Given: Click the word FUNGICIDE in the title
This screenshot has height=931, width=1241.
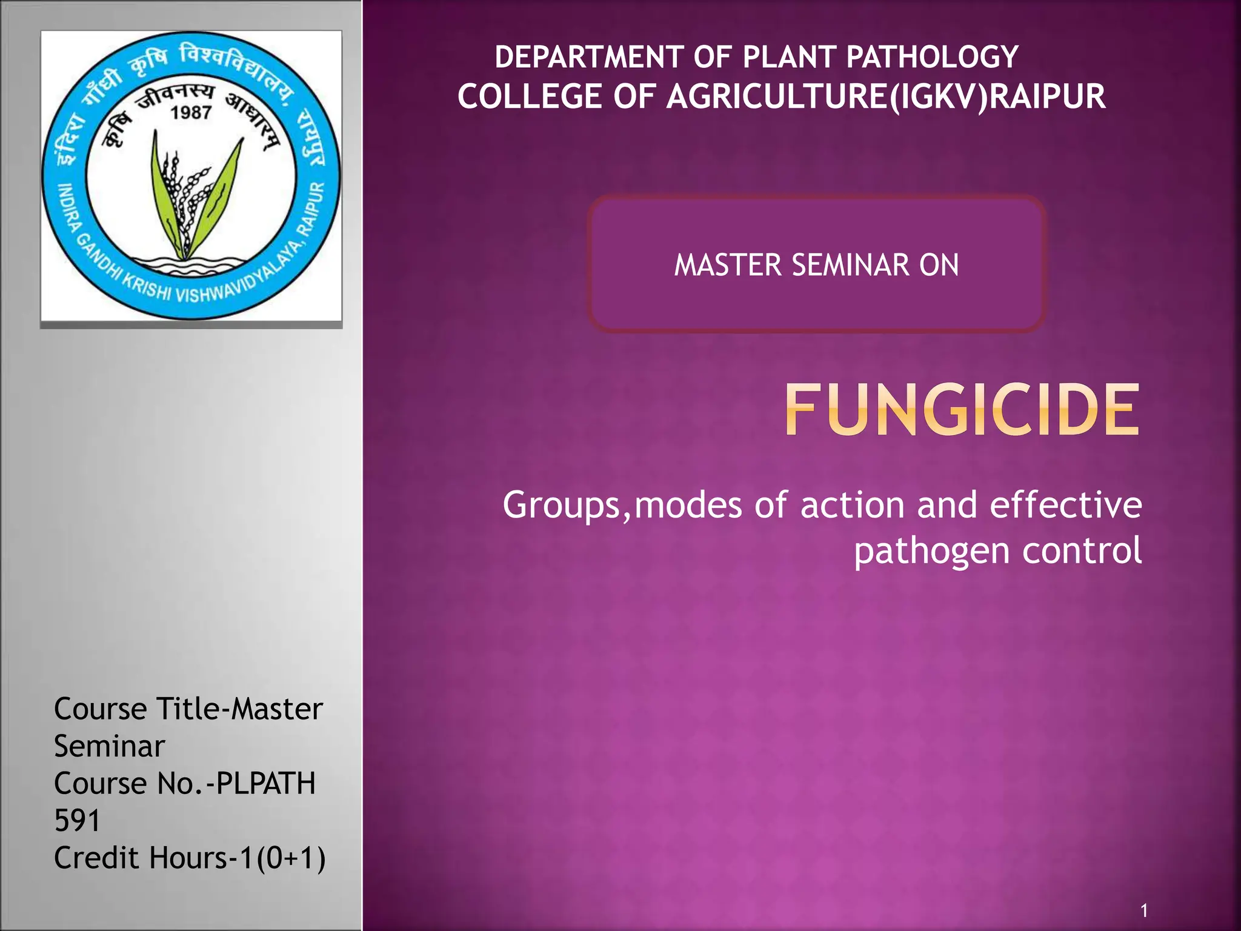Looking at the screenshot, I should coord(962,410).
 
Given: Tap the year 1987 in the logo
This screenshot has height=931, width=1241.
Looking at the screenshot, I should coord(191,113).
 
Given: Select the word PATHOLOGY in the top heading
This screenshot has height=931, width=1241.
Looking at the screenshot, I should coord(932,58).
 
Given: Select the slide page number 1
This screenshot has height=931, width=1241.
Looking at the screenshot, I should coord(1143,910).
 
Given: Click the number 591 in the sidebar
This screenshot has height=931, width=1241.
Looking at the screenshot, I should coord(77,821).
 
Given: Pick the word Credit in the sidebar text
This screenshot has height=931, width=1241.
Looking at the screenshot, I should coord(96,858).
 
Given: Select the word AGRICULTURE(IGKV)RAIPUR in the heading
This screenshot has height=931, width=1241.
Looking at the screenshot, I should coord(886,97).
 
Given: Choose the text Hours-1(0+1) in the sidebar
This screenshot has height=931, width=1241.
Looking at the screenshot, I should coord(237,858).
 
